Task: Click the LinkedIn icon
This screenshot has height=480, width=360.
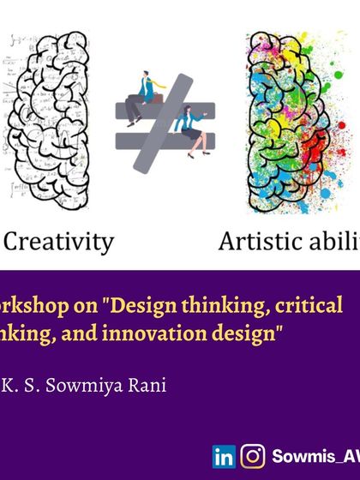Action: [x=224, y=457]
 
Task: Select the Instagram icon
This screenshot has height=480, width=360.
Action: [x=253, y=457]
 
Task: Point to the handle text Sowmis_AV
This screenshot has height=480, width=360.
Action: [x=314, y=457]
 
